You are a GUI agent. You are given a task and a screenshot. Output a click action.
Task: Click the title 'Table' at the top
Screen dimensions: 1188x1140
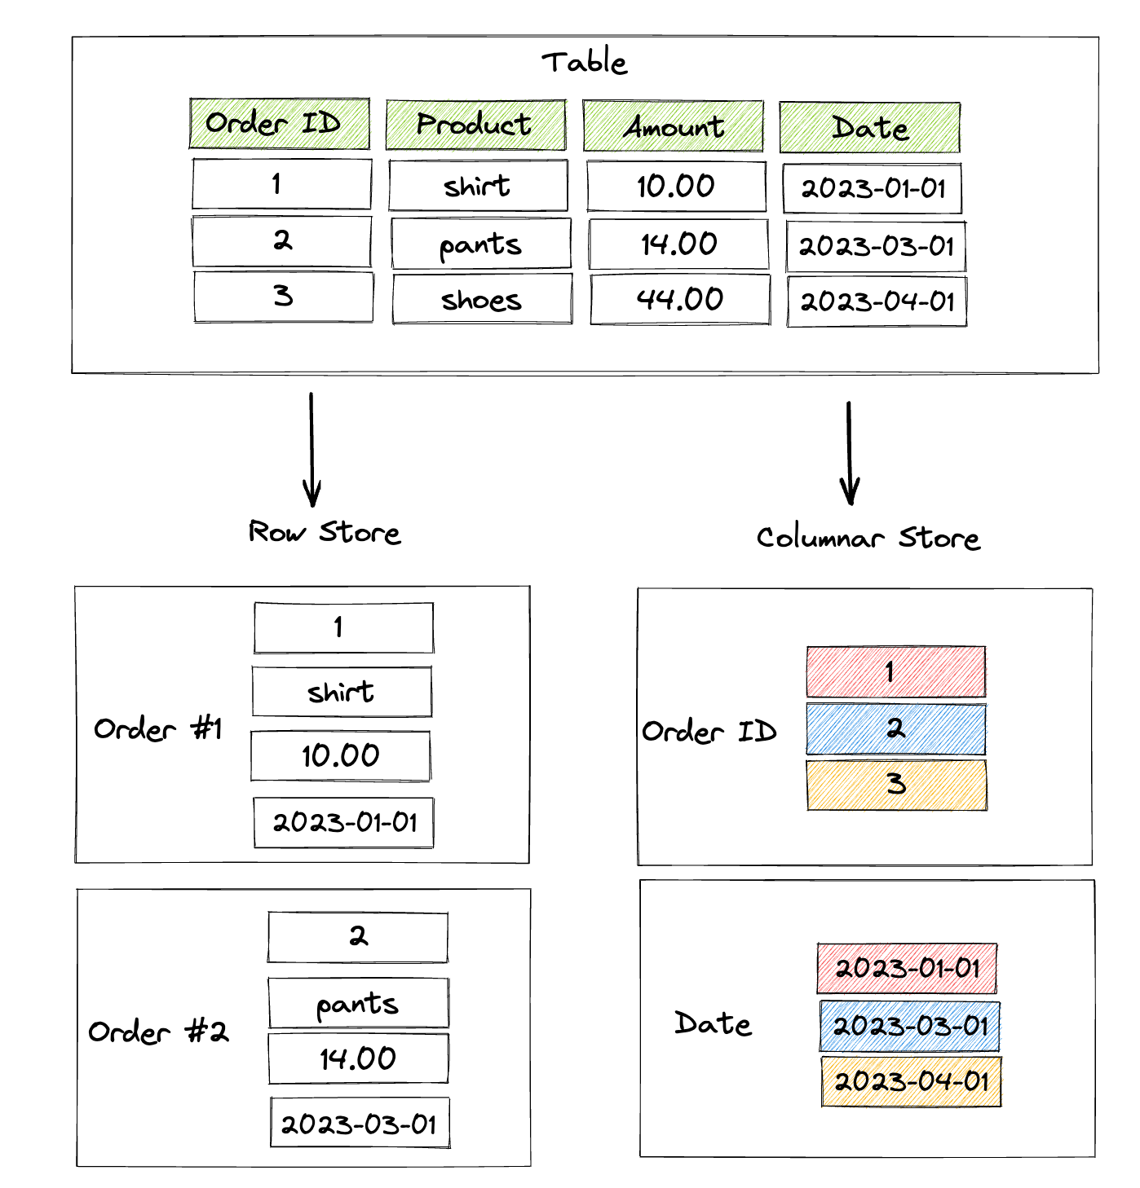click(x=584, y=63)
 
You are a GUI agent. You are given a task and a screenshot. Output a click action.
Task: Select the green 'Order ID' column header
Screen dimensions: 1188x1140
click(x=279, y=124)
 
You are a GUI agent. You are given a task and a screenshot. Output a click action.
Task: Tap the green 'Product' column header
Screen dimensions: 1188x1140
click(x=475, y=125)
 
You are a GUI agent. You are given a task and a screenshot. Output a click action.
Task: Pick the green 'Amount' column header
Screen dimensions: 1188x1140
click(x=673, y=126)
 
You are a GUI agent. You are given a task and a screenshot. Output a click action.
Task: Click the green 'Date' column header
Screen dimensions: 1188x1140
click(x=869, y=128)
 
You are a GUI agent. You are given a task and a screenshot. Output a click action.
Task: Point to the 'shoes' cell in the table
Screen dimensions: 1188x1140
click(x=482, y=300)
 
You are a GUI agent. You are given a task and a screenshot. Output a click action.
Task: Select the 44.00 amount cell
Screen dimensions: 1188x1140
click(x=680, y=300)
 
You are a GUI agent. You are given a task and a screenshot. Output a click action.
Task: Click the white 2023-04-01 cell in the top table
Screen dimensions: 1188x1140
click(x=877, y=302)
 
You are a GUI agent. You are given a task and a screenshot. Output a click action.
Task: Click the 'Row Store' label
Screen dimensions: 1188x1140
click(x=325, y=532)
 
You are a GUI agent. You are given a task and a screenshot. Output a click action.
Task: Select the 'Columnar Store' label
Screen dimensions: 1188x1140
click(x=868, y=538)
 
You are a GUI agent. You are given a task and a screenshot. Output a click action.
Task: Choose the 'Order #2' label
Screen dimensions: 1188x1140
click(x=158, y=1032)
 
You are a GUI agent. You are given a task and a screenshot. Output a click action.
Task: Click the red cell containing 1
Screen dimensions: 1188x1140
click(x=895, y=672)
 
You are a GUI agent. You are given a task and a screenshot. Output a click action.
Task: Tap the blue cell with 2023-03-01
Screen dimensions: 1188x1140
click(x=909, y=1026)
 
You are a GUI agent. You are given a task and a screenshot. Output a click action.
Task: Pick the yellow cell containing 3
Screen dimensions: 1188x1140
click(x=896, y=785)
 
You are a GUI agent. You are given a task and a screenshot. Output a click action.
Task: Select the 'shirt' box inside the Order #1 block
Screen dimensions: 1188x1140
click(x=342, y=693)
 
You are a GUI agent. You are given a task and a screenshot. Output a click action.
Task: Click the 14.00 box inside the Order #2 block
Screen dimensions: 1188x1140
click(x=358, y=1058)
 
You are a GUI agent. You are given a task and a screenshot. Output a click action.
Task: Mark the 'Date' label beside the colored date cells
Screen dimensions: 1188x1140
click(x=713, y=1023)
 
